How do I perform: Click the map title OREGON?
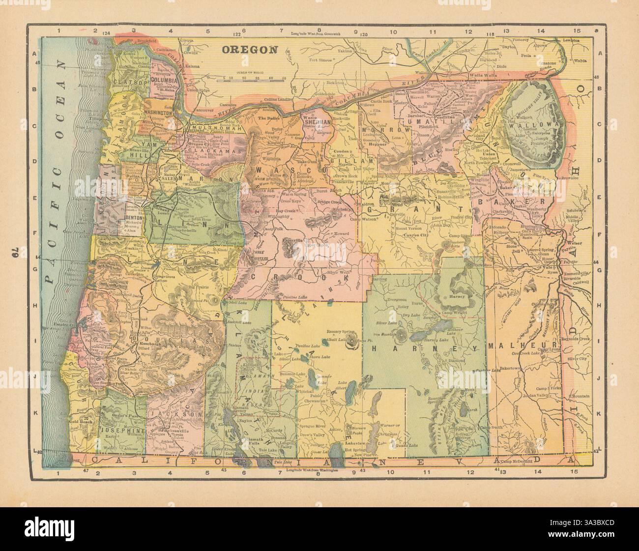pos(250,49)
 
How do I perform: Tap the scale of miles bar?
pos(253,79)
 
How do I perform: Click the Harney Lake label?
pos(436,340)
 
